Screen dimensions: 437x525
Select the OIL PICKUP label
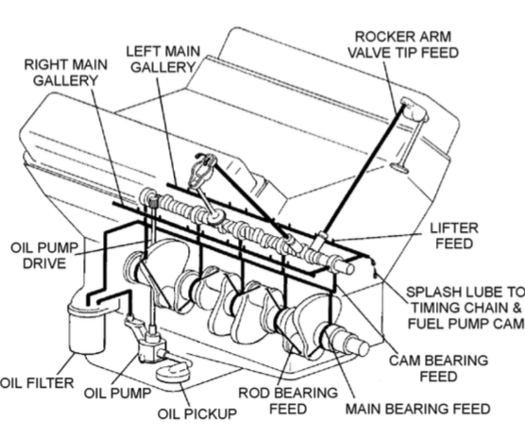tap(194, 413)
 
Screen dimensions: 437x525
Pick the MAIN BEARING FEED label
tap(418, 409)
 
